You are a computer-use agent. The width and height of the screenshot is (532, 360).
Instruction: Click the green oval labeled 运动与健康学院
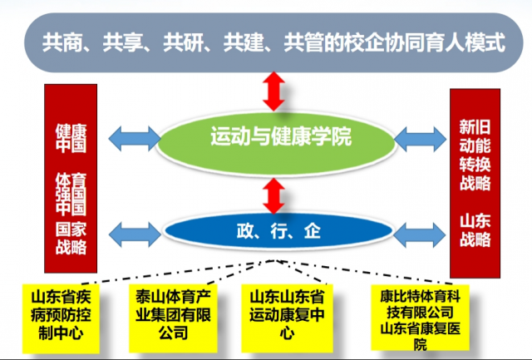[x=275, y=143]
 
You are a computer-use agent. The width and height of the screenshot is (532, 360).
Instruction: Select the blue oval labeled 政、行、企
[x=278, y=231]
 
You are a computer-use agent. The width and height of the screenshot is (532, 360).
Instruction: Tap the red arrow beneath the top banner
[x=273, y=91]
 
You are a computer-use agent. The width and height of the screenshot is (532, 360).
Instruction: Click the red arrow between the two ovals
[x=273, y=195]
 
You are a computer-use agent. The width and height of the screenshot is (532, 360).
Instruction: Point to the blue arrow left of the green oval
[x=135, y=139]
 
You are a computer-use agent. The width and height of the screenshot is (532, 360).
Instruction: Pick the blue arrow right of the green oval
[x=420, y=139]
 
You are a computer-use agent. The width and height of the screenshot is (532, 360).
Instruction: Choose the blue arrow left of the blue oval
[x=135, y=234]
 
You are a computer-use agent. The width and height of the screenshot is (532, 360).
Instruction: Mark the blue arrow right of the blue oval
[x=419, y=234]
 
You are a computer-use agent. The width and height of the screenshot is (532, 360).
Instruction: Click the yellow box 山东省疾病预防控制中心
[x=61, y=318]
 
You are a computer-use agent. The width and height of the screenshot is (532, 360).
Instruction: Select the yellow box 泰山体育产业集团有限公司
[x=173, y=318]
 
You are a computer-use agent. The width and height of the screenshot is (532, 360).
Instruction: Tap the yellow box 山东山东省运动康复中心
[x=287, y=318]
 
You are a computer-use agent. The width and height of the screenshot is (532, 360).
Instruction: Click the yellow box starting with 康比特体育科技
[x=420, y=318]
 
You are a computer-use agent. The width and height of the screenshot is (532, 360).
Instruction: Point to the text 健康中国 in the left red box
[x=71, y=139]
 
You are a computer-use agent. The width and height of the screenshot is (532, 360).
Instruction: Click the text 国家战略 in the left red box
[x=71, y=238]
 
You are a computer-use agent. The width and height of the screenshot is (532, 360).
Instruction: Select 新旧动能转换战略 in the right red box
[x=475, y=155]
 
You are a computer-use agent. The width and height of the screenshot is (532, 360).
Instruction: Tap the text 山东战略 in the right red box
[x=475, y=231]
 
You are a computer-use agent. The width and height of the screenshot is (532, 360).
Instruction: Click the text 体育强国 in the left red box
[x=71, y=194]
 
